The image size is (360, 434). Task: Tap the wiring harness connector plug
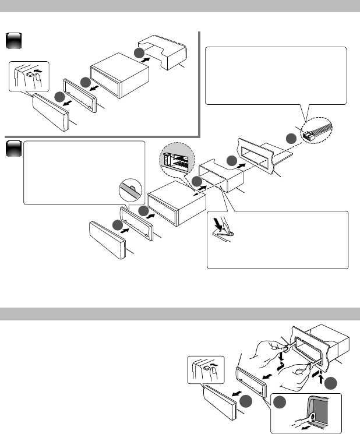[x=308, y=135]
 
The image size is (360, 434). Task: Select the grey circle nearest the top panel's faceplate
[x=59, y=96]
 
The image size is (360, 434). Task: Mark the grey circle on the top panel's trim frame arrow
[x=86, y=83]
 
